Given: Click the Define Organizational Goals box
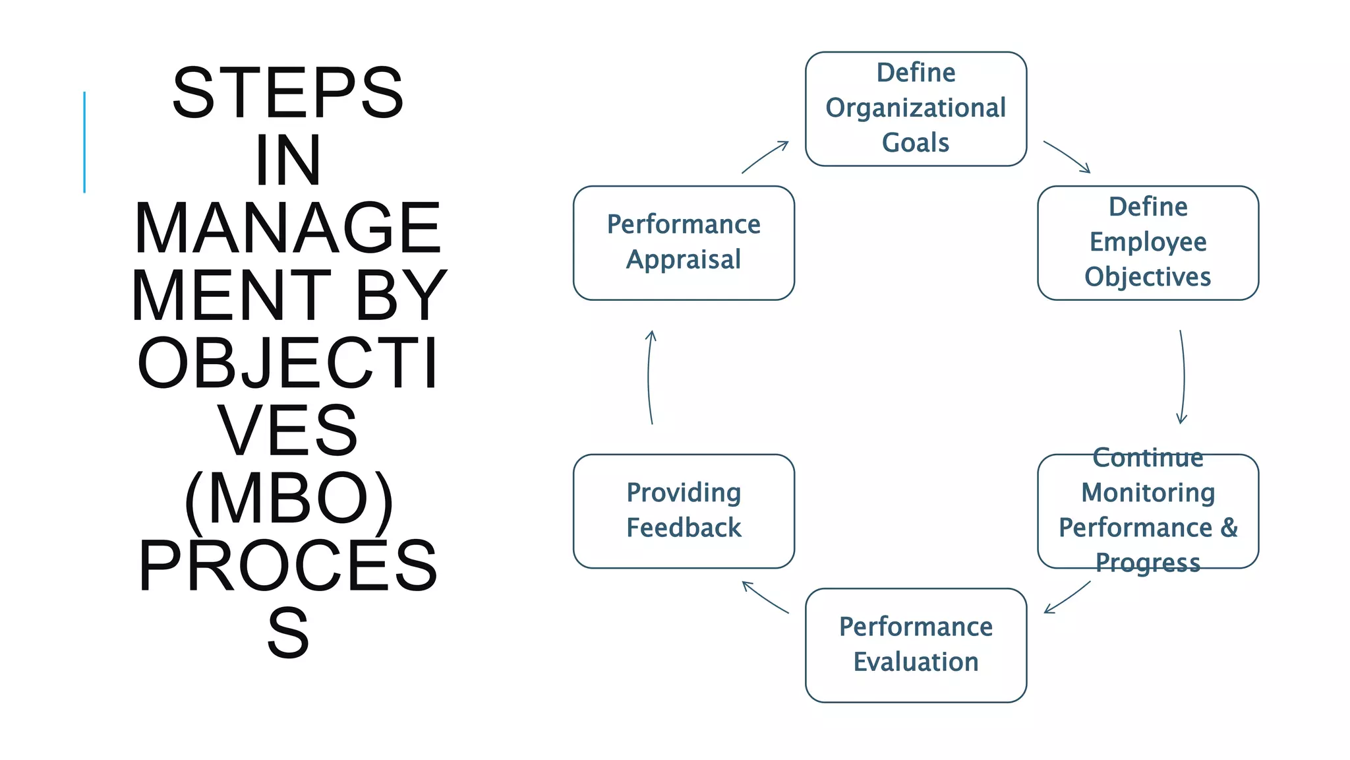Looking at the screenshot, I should click(x=916, y=109).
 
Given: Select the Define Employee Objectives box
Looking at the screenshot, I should click(x=1148, y=243).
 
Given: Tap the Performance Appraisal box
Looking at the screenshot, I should click(x=684, y=243).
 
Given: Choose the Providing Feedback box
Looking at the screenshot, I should click(x=684, y=511).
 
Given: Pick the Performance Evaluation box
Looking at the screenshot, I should click(x=916, y=645).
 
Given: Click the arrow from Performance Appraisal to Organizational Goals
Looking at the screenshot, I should click(x=765, y=157).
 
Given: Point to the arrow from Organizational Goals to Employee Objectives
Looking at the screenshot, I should click(x=1067, y=156).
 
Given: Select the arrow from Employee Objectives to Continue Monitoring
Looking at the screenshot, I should click(x=1183, y=377).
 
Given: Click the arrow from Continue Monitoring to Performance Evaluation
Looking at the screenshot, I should click(x=1067, y=598).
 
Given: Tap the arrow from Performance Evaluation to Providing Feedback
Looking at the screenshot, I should click(x=765, y=597).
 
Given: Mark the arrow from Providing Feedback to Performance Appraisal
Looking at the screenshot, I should click(x=649, y=377).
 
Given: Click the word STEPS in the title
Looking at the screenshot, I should click(x=288, y=93).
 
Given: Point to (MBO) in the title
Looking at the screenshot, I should click(x=288, y=499).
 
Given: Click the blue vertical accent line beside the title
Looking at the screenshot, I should click(x=84, y=142).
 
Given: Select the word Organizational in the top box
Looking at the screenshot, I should click(x=916, y=108).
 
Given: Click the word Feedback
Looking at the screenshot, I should click(x=684, y=528).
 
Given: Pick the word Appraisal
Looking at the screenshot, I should click(x=684, y=260).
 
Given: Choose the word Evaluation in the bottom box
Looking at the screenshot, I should click(x=916, y=662).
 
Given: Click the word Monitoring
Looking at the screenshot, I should click(x=1148, y=493).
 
